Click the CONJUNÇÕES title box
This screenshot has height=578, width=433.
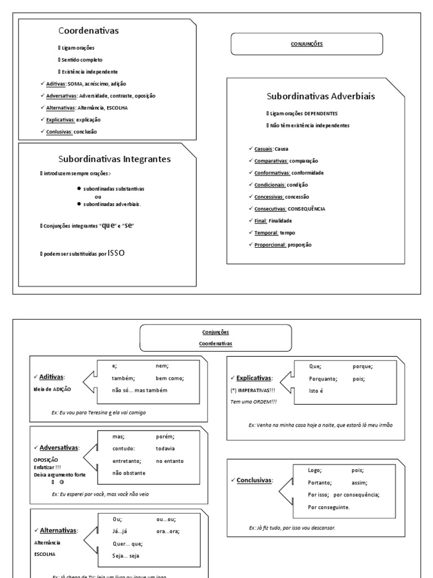tap(307, 43)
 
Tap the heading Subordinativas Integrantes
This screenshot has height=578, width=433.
tap(114, 159)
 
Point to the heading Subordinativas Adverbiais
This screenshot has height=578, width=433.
tap(320, 96)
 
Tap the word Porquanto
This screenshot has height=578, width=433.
tap(322, 379)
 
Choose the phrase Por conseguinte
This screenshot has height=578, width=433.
tap(329, 507)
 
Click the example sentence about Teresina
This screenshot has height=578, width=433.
tap(99, 413)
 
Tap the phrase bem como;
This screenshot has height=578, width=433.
tap(170, 378)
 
